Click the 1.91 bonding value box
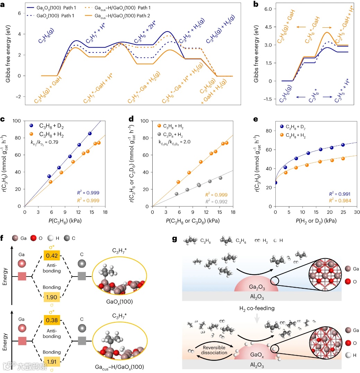pos(52,362)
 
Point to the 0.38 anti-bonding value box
pos(52,320)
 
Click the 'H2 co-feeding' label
pos(257,308)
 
